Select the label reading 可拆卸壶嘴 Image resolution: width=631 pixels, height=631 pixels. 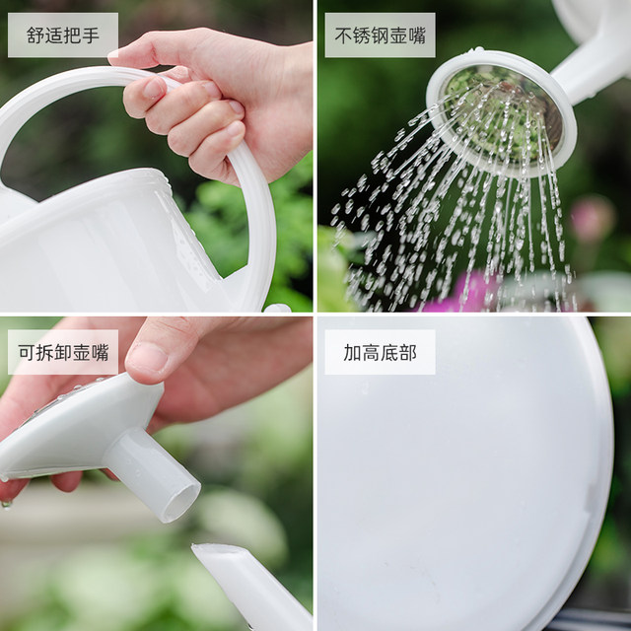click(x=62, y=352)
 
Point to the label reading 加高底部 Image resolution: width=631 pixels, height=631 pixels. click(x=380, y=352)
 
